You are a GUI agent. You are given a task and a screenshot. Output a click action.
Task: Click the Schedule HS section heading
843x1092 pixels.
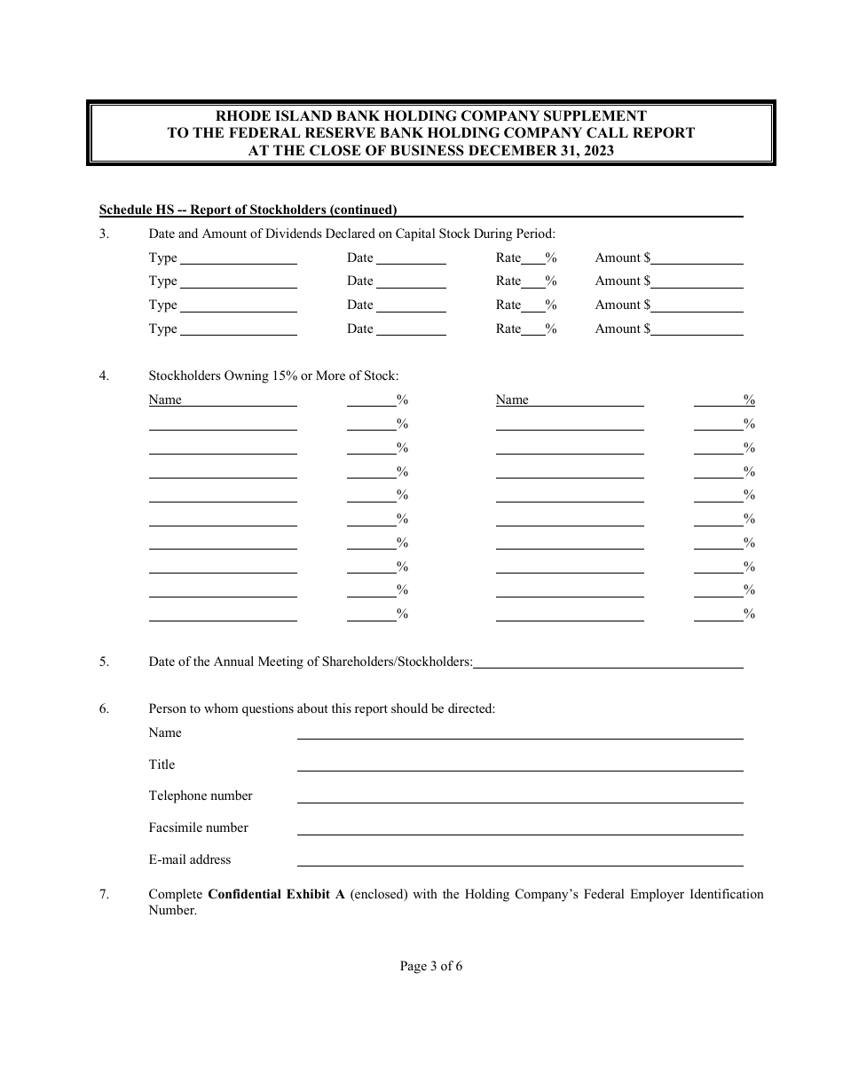pyautogui.click(x=248, y=210)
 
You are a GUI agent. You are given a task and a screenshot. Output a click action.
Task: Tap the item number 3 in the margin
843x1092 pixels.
pyautogui.click(x=104, y=234)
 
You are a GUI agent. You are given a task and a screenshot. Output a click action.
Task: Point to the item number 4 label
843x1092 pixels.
pyautogui.click(x=104, y=376)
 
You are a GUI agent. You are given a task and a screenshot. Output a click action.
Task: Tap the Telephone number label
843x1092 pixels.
pyautogui.click(x=201, y=795)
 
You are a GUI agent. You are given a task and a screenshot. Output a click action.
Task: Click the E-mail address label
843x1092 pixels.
pyautogui.click(x=190, y=859)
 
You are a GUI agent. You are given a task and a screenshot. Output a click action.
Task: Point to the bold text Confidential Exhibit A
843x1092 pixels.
pyautogui.click(x=276, y=894)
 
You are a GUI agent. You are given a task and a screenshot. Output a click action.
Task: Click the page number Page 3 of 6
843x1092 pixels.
pyautogui.click(x=431, y=966)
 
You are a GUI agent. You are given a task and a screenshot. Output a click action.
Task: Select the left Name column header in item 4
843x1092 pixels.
pyautogui.click(x=165, y=400)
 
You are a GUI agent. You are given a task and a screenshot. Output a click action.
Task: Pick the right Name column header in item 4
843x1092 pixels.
pyautogui.click(x=512, y=400)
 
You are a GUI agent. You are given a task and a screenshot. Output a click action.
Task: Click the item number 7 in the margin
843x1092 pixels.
pyautogui.click(x=104, y=894)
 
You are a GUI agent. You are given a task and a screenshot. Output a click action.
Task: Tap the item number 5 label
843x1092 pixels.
pyautogui.click(x=104, y=661)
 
